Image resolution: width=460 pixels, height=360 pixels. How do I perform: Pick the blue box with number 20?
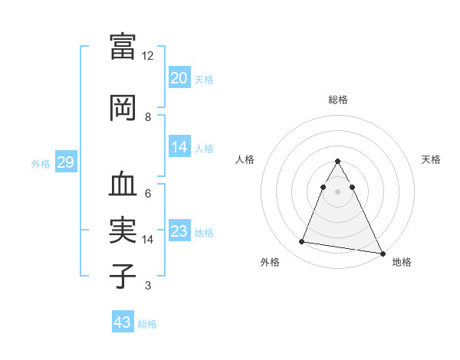click(179, 78)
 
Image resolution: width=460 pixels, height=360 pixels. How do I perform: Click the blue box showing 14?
click(179, 148)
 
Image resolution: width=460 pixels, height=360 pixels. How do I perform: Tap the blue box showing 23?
click(179, 232)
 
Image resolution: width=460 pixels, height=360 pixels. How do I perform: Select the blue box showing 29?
click(65, 162)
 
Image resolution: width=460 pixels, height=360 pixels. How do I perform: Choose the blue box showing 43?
click(123, 322)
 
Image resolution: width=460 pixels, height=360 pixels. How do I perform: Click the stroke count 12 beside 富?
click(148, 56)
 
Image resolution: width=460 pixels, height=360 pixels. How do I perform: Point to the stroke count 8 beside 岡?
click(148, 117)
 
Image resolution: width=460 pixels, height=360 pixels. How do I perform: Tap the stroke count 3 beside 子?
click(148, 286)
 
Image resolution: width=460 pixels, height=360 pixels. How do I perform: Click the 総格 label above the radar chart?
click(338, 100)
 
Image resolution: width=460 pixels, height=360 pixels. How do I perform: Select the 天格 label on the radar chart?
click(431, 159)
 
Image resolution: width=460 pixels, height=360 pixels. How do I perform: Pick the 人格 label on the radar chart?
click(245, 159)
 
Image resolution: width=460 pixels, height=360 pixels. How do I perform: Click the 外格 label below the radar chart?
click(270, 262)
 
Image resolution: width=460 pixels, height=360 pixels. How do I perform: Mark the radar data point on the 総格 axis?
click(337, 162)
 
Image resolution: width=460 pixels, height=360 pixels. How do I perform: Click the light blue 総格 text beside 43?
click(147, 324)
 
